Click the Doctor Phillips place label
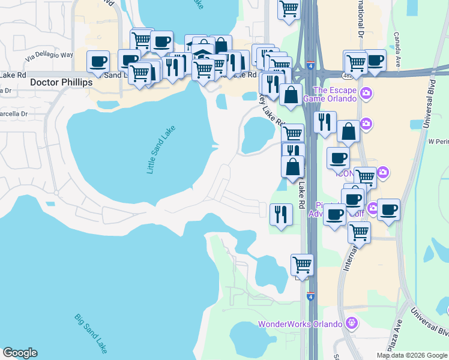click(x=57, y=82)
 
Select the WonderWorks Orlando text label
click(x=300, y=325)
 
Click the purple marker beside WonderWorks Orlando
click(x=352, y=324)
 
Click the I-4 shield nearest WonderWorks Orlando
click(x=310, y=296)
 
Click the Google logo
click(x=20, y=353)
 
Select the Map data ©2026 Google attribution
click(x=411, y=355)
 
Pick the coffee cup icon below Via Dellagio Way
click(x=98, y=61)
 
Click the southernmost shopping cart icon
click(x=302, y=264)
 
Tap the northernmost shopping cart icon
click(x=289, y=8)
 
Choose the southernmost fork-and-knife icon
click(x=280, y=214)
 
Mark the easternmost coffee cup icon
click(x=388, y=209)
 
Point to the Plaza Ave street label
click(x=393, y=340)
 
